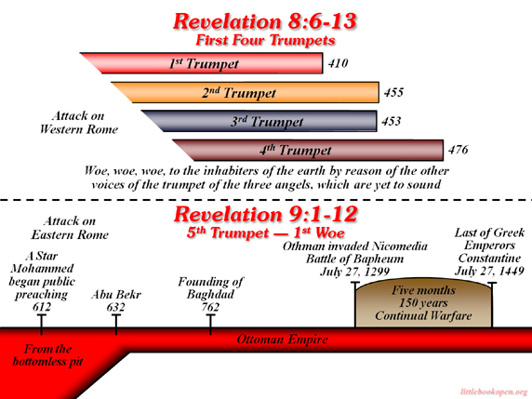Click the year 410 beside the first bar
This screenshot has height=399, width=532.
tap(338, 63)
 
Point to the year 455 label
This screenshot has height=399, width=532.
tap(393, 92)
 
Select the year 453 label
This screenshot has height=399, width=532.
tap(392, 122)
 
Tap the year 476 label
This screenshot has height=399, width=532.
tap(458, 150)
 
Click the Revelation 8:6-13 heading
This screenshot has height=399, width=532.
tap(265, 21)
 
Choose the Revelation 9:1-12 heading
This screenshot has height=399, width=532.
tap(266, 215)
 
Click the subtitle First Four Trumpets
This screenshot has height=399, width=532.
tap(265, 40)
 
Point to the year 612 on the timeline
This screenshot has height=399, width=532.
tap(42, 307)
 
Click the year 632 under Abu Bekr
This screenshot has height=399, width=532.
tap(115, 307)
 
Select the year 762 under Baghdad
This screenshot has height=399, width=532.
tap(210, 307)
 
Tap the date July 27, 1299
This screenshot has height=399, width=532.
tap(355, 272)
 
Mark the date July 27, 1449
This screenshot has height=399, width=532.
tap(489, 271)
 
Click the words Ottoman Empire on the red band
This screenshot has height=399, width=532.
tap(283, 339)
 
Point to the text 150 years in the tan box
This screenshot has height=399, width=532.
tap(423, 302)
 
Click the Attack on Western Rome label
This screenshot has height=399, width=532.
tap(79, 123)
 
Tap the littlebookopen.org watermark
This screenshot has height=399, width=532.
tap(495, 392)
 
